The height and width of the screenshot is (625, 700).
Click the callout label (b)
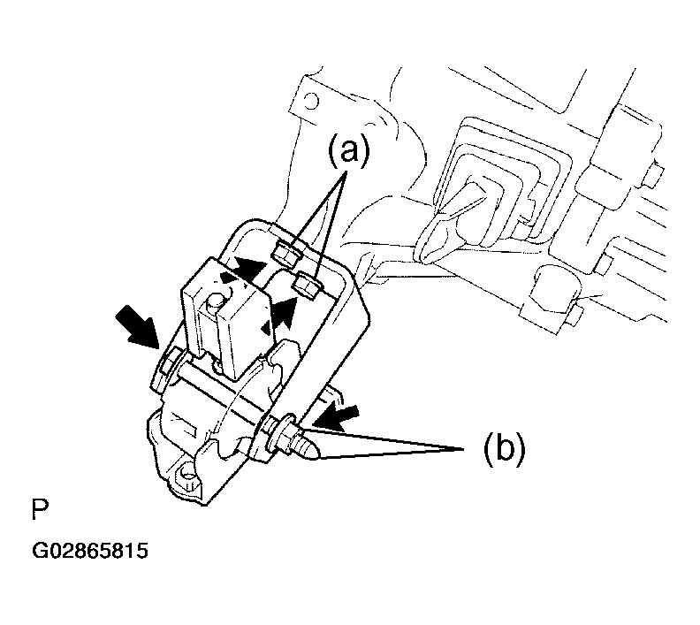[505, 449]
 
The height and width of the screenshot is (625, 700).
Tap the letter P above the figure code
[40, 510]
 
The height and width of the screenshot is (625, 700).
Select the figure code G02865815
[90, 551]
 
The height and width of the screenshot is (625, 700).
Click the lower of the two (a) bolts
[308, 284]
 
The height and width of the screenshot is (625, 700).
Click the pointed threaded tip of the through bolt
[308, 450]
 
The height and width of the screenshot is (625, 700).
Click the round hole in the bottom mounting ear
[186, 472]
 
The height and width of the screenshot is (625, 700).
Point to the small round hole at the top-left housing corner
[312, 101]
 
